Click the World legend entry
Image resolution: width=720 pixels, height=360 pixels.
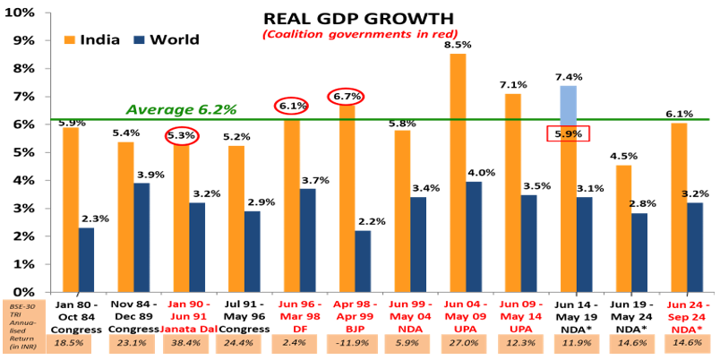click(x=166, y=39)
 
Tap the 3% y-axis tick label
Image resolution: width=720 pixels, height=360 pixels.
click(x=25, y=208)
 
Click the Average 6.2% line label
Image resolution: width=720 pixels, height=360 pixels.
click(x=181, y=109)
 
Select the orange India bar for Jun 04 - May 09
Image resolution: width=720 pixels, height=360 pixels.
click(x=458, y=173)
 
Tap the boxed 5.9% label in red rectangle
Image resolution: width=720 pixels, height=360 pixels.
click(x=567, y=134)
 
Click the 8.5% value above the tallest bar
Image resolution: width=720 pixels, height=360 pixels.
click(x=457, y=44)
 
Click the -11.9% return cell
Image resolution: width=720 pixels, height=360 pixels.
click(x=347, y=342)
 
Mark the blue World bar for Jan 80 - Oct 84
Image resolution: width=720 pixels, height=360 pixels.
click(x=87, y=260)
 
